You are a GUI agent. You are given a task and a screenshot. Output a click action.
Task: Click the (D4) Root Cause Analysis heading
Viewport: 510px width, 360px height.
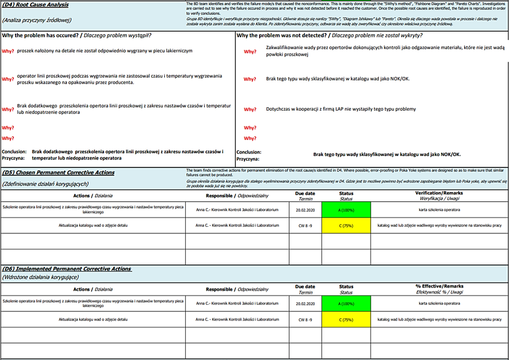click(x=35, y=5)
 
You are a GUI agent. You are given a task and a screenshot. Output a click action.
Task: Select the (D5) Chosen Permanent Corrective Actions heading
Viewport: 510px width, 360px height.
click(x=58, y=173)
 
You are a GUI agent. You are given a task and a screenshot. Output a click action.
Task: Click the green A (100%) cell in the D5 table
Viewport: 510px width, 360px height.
click(x=346, y=209)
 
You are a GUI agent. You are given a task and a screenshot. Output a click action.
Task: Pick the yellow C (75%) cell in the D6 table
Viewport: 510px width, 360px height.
click(x=346, y=320)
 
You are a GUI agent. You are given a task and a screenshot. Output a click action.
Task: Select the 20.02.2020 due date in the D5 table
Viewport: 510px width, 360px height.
click(x=305, y=209)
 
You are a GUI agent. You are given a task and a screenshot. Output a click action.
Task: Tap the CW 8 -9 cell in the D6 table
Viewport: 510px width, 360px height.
click(x=305, y=320)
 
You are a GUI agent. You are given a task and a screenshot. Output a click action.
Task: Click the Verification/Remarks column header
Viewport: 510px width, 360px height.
click(x=439, y=193)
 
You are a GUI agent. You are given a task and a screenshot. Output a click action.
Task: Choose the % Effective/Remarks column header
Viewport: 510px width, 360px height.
click(x=439, y=287)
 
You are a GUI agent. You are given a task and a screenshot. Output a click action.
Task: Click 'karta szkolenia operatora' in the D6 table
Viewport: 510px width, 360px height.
click(x=439, y=303)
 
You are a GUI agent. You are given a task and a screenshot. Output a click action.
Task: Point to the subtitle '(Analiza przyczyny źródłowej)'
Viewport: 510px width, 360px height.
click(x=36, y=20)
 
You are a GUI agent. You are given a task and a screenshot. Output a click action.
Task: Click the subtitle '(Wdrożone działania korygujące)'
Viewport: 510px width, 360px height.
click(x=40, y=277)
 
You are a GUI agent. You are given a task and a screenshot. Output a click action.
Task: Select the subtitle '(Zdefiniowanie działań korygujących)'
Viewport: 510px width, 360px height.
click(x=45, y=184)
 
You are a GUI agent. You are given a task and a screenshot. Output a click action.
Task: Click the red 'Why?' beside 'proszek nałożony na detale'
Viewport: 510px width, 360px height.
click(x=8, y=51)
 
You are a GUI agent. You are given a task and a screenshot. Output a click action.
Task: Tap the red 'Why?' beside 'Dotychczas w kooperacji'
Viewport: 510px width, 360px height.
click(x=250, y=110)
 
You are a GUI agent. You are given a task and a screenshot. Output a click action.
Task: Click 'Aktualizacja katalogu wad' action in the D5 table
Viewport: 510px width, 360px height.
click(x=93, y=225)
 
